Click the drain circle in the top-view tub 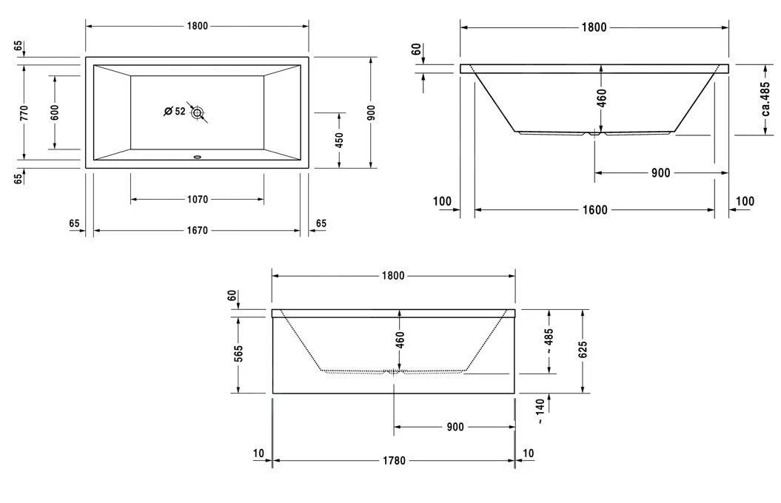point(197,112)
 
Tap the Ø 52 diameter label point(175,112)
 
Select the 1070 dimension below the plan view point(197,200)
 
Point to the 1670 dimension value point(197,231)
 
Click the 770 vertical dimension point(24,112)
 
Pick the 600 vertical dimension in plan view point(55,112)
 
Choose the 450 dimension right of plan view point(340,140)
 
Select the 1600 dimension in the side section point(594,210)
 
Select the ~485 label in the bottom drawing point(549,341)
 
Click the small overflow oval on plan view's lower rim point(197,156)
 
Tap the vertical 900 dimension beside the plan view point(372,112)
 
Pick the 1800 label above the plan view point(197,26)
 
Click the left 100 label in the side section point(442,201)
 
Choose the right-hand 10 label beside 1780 point(528,453)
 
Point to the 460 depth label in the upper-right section point(601,98)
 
